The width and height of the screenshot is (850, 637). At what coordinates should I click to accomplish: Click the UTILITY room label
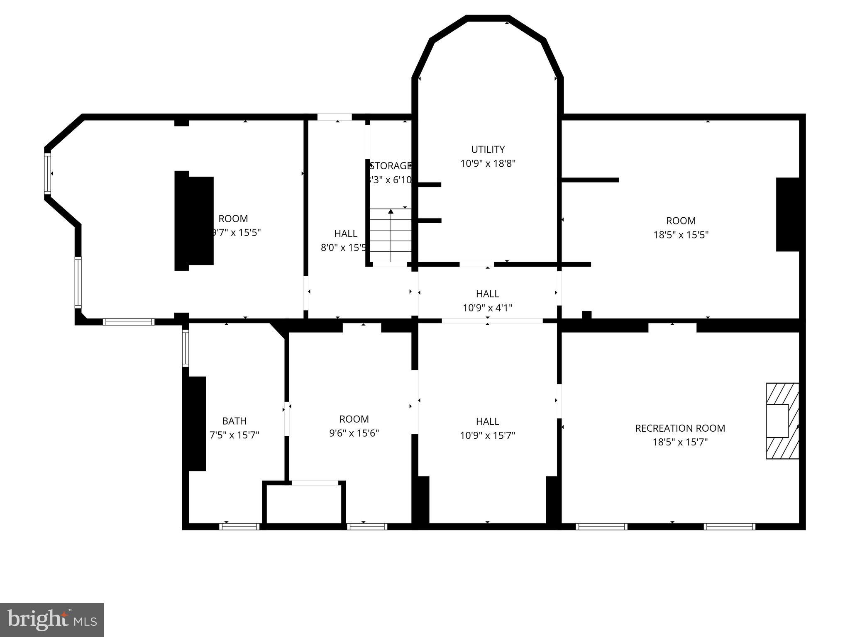pos(488,149)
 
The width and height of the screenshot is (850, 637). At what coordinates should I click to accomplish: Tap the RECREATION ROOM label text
pos(680,428)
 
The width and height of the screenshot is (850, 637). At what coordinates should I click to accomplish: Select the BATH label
pos(234,421)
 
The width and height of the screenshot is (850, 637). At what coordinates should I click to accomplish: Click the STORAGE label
pos(390,166)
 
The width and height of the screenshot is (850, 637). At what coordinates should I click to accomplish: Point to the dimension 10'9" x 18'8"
pos(488,163)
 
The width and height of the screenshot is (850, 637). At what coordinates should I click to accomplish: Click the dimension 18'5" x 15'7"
pos(680,442)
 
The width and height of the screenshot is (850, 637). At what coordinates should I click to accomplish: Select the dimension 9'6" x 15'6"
pos(354,433)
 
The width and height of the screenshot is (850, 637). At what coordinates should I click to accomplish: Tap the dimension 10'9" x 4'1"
pos(487,308)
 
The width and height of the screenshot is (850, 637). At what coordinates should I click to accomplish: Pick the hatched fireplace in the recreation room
pos(782,421)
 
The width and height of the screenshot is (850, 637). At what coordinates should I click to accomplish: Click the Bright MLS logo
pos(51,620)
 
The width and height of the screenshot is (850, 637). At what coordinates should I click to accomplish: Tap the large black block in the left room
pos(194,221)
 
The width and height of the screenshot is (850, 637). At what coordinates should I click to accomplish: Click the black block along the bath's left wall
pos(197,423)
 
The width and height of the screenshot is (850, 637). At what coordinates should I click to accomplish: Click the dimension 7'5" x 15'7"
pos(234,435)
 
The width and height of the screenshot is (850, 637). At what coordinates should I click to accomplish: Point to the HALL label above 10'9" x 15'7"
pos(487,421)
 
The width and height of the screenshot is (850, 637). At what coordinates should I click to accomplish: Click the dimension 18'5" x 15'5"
pos(681,235)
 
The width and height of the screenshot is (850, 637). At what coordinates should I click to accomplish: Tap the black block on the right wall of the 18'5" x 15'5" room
pos(787,214)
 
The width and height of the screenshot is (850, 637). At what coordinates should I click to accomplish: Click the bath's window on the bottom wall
pos(239,527)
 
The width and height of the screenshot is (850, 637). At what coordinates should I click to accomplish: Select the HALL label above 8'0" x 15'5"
pos(346,233)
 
